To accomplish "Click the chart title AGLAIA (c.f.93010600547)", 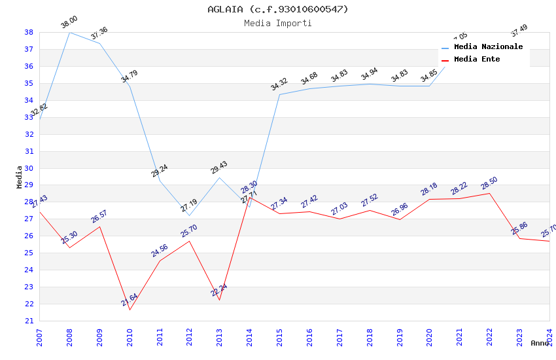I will pyautogui.click(x=278, y=9).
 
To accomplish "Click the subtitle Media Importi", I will pyautogui.click(x=278, y=24).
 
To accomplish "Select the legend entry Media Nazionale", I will pyautogui.click(x=488, y=47).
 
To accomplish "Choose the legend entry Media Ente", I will pyautogui.click(x=477, y=60).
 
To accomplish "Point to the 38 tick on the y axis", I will pyautogui.click(x=29, y=32).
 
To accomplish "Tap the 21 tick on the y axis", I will pyautogui.click(x=29, y=321).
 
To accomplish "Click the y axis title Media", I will pyautogui.click(x=20, y=177).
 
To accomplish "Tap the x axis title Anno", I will pyautogui.click(x=540, y=343).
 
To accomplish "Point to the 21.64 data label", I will pyautogui.click(x=129, y=300).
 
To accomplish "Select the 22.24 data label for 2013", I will pyautogui.click(x=219, y=290).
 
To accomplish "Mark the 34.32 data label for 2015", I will pyautogui.click(x=279, y=84).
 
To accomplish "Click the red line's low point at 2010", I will pyautogui.click(x=130, y=310).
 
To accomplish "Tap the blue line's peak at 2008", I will pyautogui.click(x=70, y=32).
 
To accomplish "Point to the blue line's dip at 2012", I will pyautogui.click(x=189, y=216).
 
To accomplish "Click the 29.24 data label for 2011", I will pyautogui.click(x=159, y=171).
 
